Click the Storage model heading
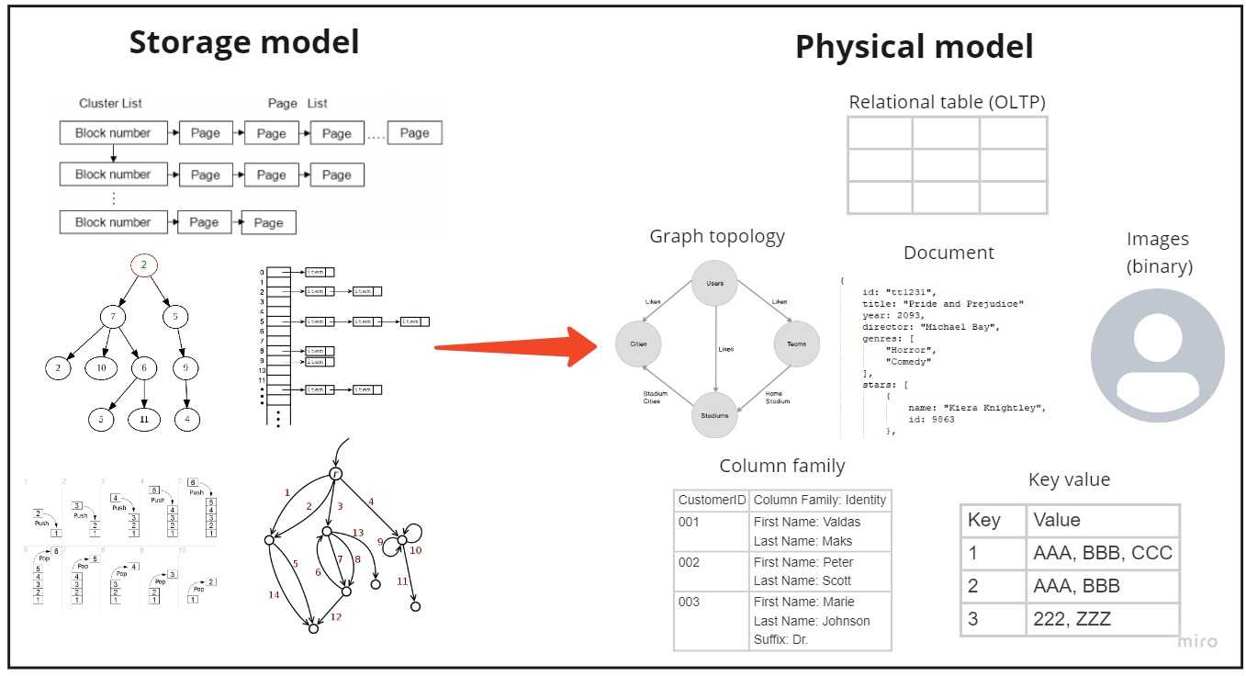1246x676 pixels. click(x=243, y=43)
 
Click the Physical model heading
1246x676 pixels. click(x=914, y=47)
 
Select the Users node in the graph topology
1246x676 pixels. click(x=714, y=283)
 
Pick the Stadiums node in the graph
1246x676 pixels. click(x=714, y=415)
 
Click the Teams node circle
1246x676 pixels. click(x=795, y=344)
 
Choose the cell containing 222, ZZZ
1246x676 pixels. click(x=1103, y=618)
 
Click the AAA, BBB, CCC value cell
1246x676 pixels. click(x=1103, y=554)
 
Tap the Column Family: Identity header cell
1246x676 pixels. click(x=820, y=501)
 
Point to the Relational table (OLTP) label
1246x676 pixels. click(x=947, y=102)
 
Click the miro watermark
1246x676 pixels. click(x=1197, y=641)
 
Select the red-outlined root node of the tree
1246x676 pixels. click(x=144, y=265)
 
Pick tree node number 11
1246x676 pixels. click(x=144, y=419)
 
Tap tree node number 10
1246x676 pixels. click(x=101, y=368)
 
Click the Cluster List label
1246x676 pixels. click(x=110, y=104)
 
